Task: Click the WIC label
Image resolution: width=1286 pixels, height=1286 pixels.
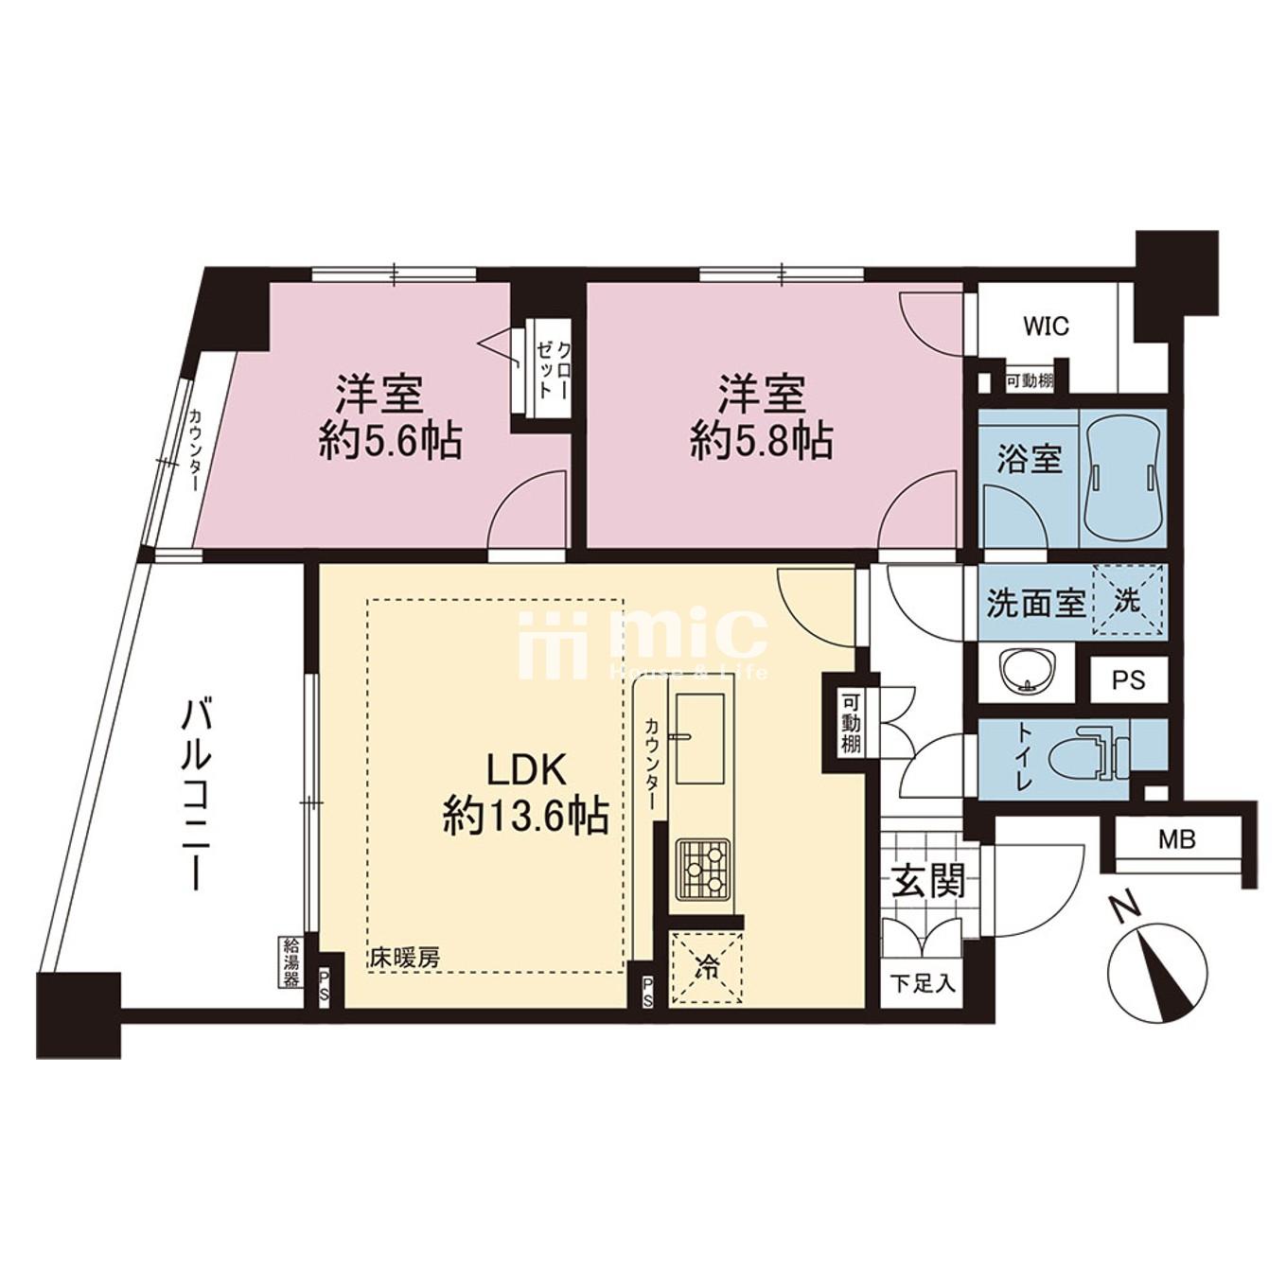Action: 1046,326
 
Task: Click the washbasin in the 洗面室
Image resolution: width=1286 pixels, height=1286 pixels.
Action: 1027,672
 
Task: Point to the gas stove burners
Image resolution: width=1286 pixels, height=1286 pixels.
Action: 704,869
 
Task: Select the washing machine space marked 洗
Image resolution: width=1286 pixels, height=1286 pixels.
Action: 1128,599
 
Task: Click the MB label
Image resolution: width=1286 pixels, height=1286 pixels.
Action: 1176,839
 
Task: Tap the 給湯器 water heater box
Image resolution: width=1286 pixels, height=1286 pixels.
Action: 291,963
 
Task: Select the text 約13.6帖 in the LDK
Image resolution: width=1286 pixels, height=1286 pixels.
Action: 526,815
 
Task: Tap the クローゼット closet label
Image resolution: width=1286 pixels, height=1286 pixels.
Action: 554,371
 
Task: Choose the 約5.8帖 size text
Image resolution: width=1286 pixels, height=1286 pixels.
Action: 762,441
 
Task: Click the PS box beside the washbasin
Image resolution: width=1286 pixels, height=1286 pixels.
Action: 1129,679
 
